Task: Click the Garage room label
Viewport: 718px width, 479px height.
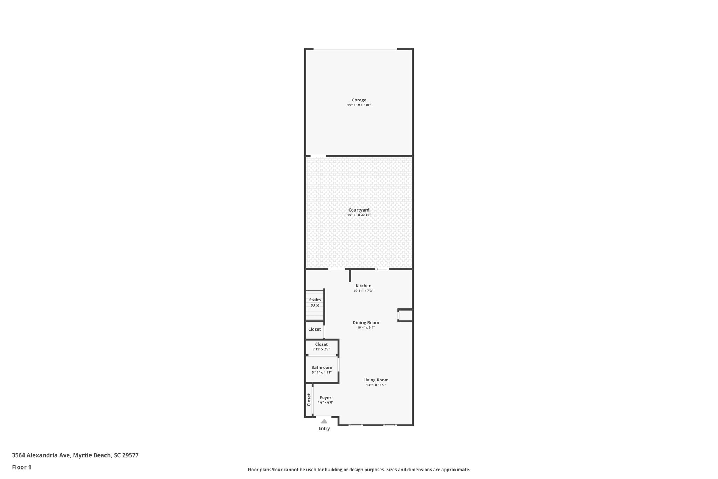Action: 359,100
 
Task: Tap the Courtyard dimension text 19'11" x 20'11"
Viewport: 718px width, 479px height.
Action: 359,215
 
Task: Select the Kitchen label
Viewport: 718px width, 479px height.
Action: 363,286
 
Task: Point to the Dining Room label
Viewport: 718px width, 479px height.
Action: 366,322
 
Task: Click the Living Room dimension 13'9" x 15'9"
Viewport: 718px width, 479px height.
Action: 376,385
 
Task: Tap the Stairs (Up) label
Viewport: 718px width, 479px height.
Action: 315,302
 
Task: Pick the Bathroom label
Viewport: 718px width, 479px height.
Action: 321,367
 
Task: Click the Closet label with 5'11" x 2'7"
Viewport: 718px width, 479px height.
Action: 321,344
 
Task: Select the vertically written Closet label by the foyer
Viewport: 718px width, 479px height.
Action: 309,399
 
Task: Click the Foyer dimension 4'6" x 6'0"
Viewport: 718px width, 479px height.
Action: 325,403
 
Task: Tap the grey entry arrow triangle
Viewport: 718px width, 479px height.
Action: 324,421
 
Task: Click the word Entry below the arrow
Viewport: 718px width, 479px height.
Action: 324,428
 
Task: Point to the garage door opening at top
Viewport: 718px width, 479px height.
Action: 355,49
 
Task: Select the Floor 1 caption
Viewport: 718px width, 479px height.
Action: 21,467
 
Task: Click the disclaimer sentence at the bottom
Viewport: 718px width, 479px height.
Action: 359,470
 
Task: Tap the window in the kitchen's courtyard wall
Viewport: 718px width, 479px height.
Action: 382,269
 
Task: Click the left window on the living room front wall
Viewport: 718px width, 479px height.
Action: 355,425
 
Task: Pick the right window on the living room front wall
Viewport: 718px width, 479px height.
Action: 390,425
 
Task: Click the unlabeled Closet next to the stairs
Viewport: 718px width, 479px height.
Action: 314,329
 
